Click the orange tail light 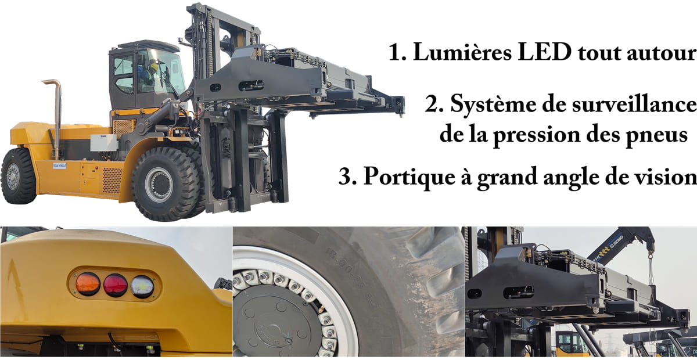click(x=88, y=284)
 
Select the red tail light click(x=115, y=285)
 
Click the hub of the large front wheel click(x=158, y=184)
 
